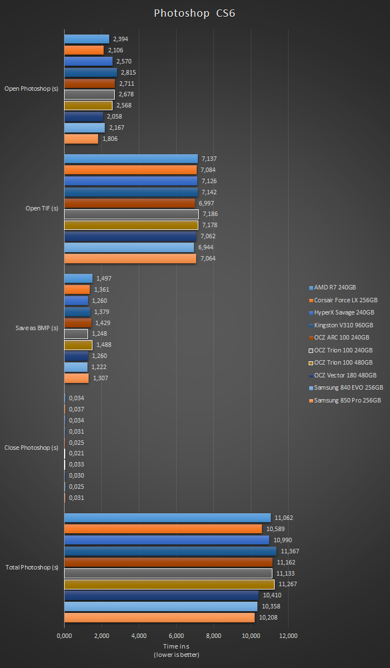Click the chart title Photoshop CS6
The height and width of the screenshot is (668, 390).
194,13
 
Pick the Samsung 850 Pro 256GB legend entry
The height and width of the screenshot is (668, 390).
347,400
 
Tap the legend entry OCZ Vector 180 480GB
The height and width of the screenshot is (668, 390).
345,375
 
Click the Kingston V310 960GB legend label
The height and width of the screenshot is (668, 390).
343,325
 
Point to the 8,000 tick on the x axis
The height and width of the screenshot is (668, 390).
213,636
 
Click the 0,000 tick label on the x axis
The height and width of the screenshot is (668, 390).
65,636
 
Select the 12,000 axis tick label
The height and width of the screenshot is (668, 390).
288,636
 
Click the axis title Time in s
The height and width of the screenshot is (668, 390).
176,646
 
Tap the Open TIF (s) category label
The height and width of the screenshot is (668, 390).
42,209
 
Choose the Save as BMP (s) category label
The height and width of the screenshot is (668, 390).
37,328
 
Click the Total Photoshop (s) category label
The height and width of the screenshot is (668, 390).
32,568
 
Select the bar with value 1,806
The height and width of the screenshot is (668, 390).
81,139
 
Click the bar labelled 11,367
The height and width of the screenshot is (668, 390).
170,551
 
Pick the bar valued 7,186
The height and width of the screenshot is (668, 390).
131,214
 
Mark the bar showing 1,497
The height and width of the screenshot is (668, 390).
78,278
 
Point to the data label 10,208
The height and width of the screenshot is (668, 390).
269,618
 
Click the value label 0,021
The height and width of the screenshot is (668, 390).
76,454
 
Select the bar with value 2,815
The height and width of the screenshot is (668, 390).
90,72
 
